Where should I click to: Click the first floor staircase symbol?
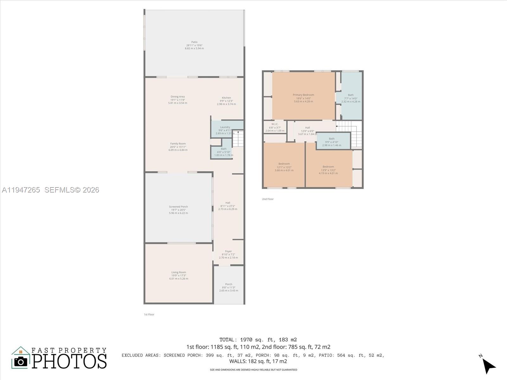[x=238, y=139]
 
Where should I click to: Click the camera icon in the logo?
[x=21, y=361]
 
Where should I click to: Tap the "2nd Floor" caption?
[x=268, y=199]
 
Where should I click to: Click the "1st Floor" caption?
[x=149, y=314]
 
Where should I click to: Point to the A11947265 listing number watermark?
[x=21, y=190]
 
